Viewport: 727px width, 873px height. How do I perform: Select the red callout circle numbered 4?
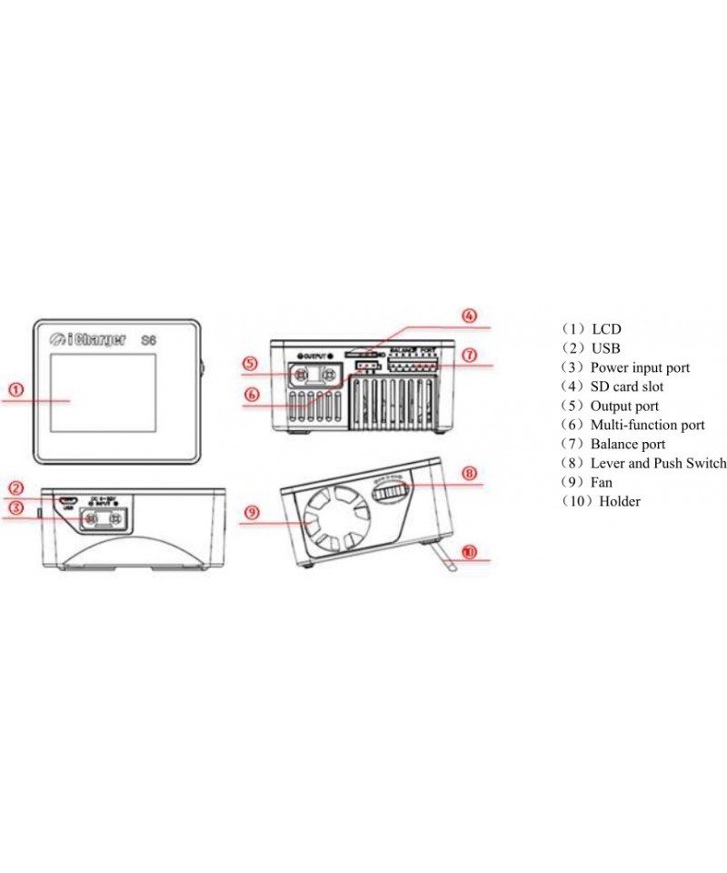pyautogui.click(x=469, y=316)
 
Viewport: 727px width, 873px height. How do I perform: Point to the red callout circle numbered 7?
pyautogui.click(x=469, y=356)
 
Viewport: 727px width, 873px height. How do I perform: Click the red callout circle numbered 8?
pyautogui.click(x=469, y=474)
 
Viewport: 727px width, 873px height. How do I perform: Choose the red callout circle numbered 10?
pyautogui.click(x=469, y=551)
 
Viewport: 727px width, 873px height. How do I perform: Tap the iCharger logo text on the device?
pyautogui.click(x=89, y=339)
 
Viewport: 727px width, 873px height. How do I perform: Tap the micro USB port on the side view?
pyautogui.click(x=65, y=500)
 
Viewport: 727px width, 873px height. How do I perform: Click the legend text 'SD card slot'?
pyautogui.click(x=627, y=386)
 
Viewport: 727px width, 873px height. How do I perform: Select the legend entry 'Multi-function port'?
pyautogui.click(x=647, y=425)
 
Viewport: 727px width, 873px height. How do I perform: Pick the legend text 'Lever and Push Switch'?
pyautogui.click(x=658, y=463)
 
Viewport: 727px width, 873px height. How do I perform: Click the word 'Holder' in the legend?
pyautogui.click(x=619, y=501)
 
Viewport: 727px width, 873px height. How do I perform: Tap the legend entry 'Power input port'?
pyautogui.click(x=640, y=367)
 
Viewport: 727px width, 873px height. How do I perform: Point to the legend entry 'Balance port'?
pyautogui.click(x=627, y=444)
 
